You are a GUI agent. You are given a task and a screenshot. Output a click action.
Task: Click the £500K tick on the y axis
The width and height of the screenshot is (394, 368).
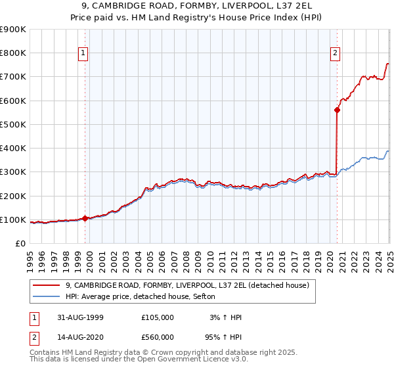click(x=13, y=124)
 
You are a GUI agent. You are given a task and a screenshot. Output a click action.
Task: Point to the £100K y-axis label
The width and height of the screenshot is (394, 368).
click(x=13, y=219)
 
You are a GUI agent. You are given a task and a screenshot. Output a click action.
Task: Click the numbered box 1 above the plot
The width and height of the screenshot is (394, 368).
click(x=85, y=54)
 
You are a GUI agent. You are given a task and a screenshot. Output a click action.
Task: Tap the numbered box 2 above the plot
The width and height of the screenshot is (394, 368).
click(x=335, y=54)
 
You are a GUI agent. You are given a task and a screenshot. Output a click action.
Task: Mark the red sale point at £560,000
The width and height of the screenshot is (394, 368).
click(x=337, y=110)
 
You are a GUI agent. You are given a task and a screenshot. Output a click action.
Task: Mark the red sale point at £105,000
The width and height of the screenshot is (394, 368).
click(x=85, y=219)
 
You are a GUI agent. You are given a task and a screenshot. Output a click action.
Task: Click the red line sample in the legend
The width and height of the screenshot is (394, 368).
click(x=47, y=285)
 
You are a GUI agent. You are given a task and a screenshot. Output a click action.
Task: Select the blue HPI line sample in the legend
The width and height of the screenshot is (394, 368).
click(x=47, y=296)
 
